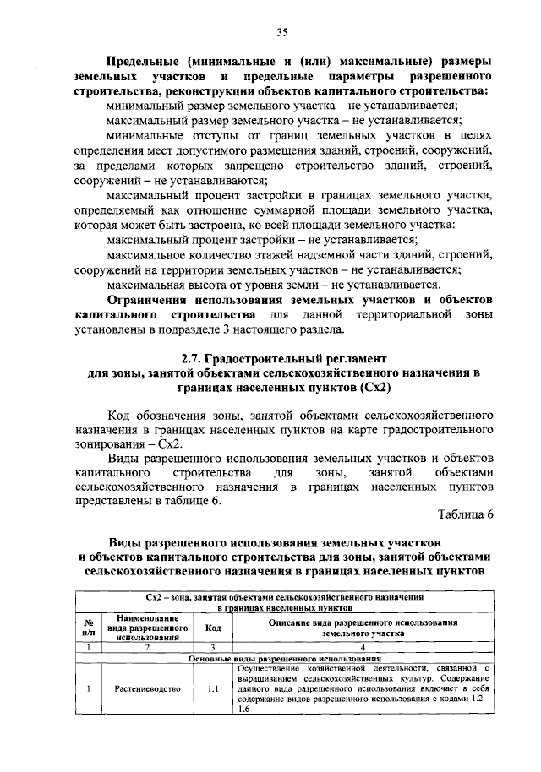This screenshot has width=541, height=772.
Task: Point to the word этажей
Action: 269,254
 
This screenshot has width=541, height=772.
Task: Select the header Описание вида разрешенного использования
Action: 363,622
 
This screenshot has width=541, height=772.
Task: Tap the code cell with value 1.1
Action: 213,688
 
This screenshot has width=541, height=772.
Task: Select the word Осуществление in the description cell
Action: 272,667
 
